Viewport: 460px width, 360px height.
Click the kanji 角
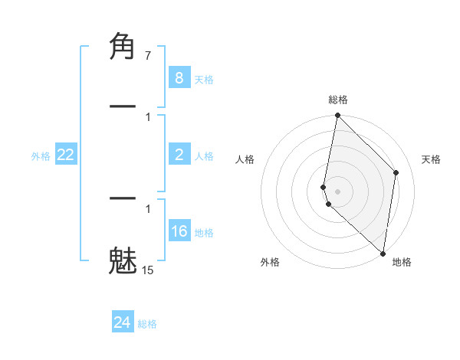[x=123, y=47]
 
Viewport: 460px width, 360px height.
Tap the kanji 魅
[x=123, y=260]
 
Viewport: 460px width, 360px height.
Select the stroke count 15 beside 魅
[x=147, y=270]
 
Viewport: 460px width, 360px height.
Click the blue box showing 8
[x=179, y=77]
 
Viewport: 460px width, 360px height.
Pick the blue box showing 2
[x=179, y=155]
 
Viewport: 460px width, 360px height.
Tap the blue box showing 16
[x=179, y=231]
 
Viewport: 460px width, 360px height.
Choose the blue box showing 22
[x=66, y=155]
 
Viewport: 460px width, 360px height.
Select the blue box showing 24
[x=122, y=322]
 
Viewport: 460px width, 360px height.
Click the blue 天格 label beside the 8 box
[x=204, y=79]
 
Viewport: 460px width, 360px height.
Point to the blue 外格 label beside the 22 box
[x=41, y=156]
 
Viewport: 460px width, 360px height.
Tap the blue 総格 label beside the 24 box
[x=147, y=324]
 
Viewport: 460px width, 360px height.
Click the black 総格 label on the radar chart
[x=338, y=100]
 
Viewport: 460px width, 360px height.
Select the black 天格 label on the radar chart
[x=432, y=159]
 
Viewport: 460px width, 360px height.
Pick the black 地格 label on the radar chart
[x=402, y=262]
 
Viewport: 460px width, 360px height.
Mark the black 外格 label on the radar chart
[x=270, y=262]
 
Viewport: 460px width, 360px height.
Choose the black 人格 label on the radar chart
[x=245, y=159]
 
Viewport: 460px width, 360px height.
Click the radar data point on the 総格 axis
[x=337, y=116]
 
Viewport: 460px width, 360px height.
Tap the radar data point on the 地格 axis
[x=383, y=254]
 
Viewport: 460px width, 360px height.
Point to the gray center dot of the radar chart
[x=337, y=191]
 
